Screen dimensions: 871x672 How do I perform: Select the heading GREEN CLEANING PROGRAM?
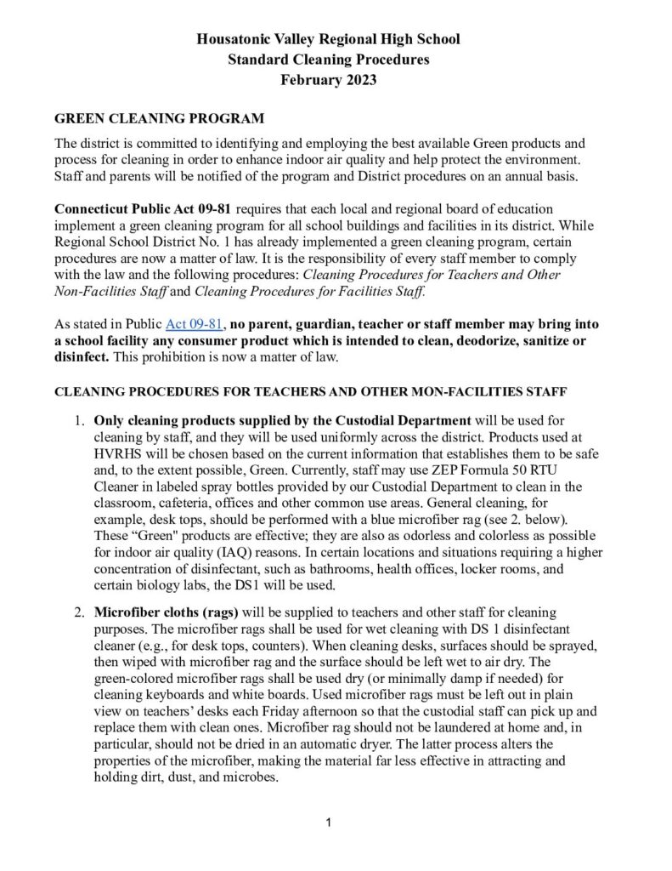(159, 117)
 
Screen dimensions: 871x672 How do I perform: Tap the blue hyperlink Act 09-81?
(194, 324)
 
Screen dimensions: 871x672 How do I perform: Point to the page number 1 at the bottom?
(329, 823)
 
